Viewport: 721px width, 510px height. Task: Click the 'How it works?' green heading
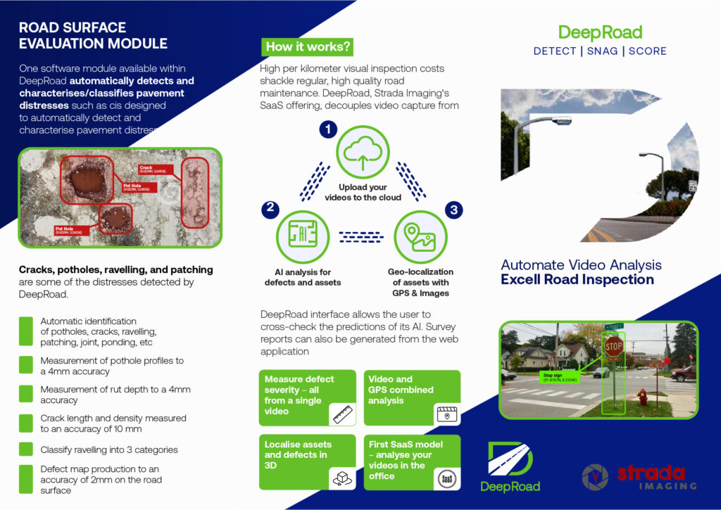click(x=307, y=47)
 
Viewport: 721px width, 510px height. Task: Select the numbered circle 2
click(x=269, y=208)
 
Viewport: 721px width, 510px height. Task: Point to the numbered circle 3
click(x=454, y=209)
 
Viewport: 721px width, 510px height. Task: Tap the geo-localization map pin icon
click(x=420, y=236)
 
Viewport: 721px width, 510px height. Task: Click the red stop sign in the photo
click(x=614, y=346)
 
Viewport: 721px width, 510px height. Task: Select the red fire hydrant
click(x=642, y=397)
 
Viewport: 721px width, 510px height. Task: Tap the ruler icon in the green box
click(x=342, y=413)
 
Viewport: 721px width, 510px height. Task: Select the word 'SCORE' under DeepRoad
click(x=647, y=51)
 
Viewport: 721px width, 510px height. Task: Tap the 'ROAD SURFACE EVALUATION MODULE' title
click(x=93, y=35)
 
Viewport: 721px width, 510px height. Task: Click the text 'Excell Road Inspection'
click(x=577, y=279)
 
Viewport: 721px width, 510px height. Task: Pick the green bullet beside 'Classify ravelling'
click(x=27, y=449)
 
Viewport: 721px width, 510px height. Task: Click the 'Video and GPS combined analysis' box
click(x=412, y=397)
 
